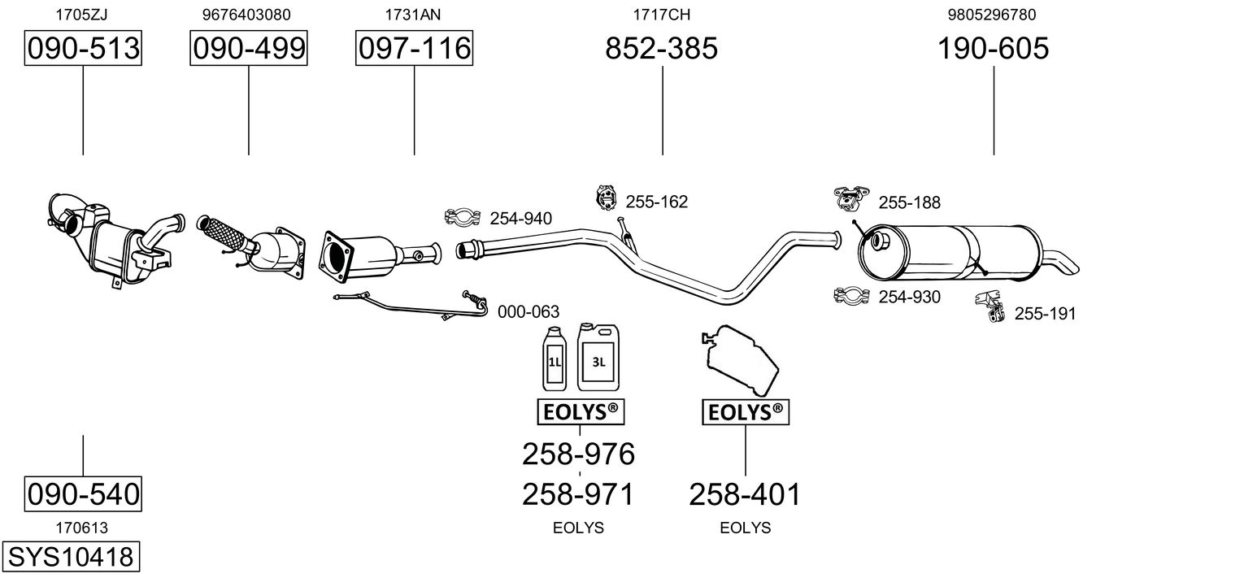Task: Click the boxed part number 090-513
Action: coord(83,49)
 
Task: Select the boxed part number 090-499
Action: coord(249,49)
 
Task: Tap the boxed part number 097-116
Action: coord(414,49)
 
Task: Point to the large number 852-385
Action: coord(662,49)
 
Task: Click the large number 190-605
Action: coord(994,49)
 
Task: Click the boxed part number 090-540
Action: coord(83,493)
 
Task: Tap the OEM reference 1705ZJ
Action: coord(83,15)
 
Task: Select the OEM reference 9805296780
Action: coord(992,15)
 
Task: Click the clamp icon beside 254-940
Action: coord(463,217)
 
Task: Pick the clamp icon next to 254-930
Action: coord(851,296)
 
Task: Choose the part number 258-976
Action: coord(578,454)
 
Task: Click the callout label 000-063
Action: coord(528,311)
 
